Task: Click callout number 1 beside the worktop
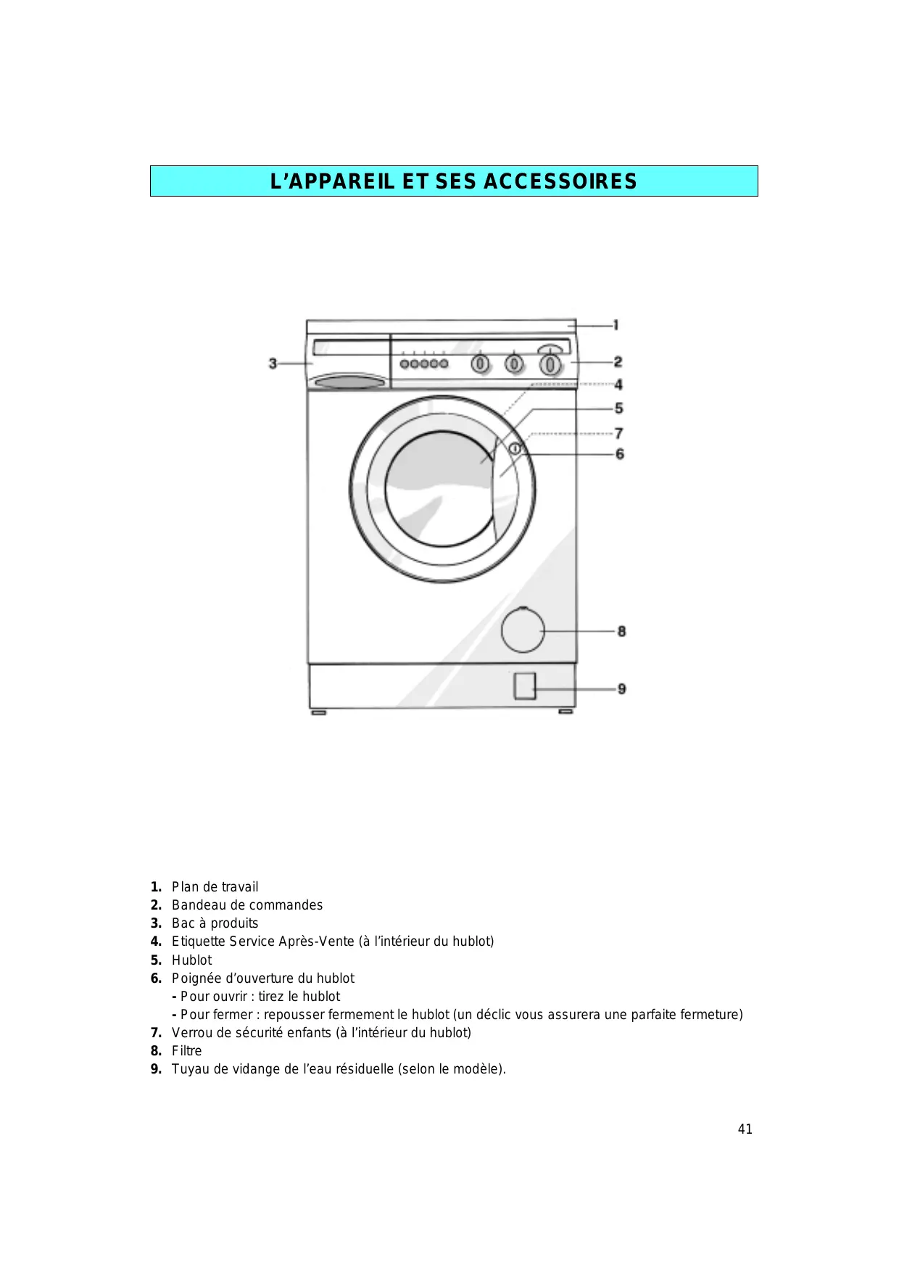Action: pyautogui.click(x=616, y=325)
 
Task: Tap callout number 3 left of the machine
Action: pyautogui.click(x=273, y=363)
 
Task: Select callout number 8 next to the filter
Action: pyautogui.click(x=621, y=631)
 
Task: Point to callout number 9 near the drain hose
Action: pyautogui.click(x=621, y=688)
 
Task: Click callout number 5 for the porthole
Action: pyautogui.click(x=618, y=408)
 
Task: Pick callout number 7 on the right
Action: pyautogui.click(x=618, y=433)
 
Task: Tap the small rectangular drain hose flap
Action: pyautogui.click(x=524, y=685)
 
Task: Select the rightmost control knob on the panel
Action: pyautogui.click(x=551, y=363)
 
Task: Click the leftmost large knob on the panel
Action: pyautogui.click(x=480, y=363)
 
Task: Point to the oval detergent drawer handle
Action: pyautogui.click(x=347, y=381)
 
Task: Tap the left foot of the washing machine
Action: pyautogui.click(x=318, y=712)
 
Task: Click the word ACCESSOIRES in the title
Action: pyautogui.click(x=560, y=181)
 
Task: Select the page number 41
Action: pyautogui.click(x=745, y=1129)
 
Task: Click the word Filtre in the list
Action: pyautogui.click(x=187, y=1050)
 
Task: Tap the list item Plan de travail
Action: pyautogui.click(x=215, y=886)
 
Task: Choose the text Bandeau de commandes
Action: pyautogui.click(x=247, y=905)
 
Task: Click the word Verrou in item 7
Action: pyautogui.click(x=191, y=1032)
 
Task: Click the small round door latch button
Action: pyautogui.click(x=515, y=449)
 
